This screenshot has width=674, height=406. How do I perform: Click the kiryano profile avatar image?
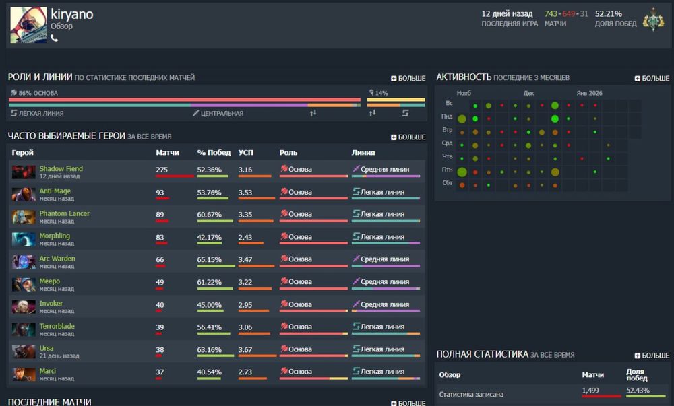pos(28,26)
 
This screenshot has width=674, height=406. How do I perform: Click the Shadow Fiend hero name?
pos(61,169)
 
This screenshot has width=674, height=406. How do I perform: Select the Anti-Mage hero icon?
pos(24,194)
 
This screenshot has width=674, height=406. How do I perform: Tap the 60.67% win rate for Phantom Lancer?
pos(210,214)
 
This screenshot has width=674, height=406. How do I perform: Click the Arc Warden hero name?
pos(57,259)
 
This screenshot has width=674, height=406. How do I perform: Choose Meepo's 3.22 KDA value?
pos(245,282)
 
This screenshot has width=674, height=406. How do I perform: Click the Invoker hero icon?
pos(24,307)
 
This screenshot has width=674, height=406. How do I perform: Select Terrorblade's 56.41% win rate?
pos(210,327)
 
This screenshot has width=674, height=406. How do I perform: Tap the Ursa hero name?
pos(47,349)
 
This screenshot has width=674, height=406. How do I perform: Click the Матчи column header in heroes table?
pos(167,153)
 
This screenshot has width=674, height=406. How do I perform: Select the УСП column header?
pos(246,153)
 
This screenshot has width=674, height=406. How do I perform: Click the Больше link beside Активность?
pos(652,78)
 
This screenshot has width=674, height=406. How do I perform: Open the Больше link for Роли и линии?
pos(408,78)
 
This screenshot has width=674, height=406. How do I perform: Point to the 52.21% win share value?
pos(609,13)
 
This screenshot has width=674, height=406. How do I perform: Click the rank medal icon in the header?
pos(652,20)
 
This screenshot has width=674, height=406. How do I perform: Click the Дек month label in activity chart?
pos(528,93)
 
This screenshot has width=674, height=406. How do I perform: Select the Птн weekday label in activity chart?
pos(447,170)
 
